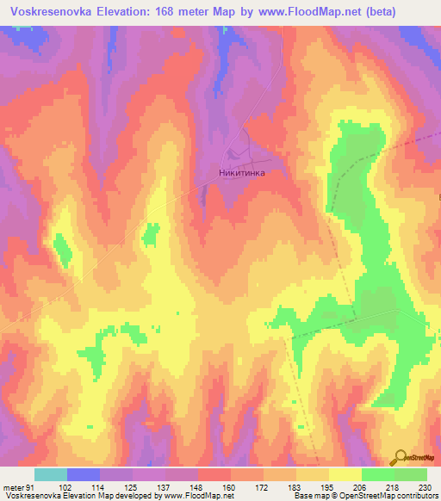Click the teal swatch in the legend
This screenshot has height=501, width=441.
[x=51, y=474]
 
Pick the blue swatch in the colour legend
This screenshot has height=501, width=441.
[x=84, y=474]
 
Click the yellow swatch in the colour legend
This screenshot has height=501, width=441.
[x=345, y=474]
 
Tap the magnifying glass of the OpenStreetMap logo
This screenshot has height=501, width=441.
[x=401, y=457]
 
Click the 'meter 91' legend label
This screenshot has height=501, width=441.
[x=17, y=487]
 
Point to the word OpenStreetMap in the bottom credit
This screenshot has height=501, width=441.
[x=375, y=497]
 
